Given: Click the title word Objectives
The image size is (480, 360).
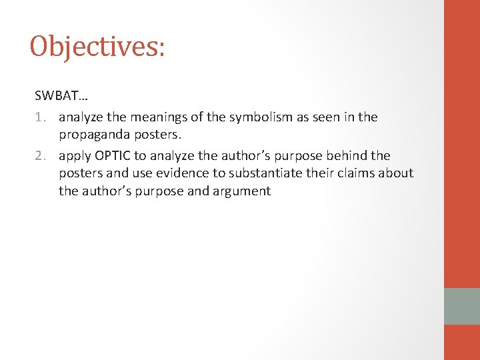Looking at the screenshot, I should (93, 47).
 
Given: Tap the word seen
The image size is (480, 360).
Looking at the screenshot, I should (327, 117).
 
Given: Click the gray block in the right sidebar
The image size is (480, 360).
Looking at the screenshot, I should (462, 306).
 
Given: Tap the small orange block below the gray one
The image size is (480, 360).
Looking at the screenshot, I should (462, 342).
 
